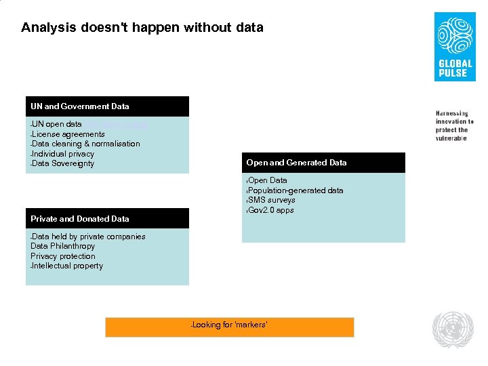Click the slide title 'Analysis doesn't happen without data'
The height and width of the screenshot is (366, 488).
(142, 28)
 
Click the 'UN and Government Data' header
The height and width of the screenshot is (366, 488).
(79, 106)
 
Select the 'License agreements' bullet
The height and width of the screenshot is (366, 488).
(68, 134)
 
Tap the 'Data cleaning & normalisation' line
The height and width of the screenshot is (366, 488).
(85, 144)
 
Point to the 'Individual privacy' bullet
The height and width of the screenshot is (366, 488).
(62, 154)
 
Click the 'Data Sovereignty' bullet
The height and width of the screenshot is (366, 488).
(62, 163)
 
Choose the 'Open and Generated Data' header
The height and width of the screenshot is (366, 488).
(296, 163)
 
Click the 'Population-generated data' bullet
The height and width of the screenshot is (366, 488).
(296, 190)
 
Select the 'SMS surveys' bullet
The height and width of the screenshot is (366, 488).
(271, 200)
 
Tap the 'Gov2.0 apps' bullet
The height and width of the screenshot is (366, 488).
(270, 210)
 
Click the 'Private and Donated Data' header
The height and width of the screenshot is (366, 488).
(79, 219)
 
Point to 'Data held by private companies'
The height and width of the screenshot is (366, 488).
(88, 237)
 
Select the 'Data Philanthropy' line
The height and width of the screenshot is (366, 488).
(62, 246)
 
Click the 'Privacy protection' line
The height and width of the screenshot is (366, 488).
(62, 256)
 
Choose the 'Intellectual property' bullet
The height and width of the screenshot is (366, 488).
(67, 266)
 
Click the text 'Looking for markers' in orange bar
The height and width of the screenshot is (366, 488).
(230, 325)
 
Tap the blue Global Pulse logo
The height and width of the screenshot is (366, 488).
(455, 47)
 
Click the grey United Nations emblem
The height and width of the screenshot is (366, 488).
(453, 329)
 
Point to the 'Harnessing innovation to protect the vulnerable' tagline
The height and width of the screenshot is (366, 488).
(454, 125)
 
